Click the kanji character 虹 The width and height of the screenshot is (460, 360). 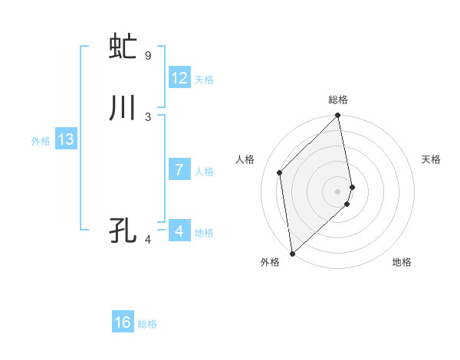coord(123,47)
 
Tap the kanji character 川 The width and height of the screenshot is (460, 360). coord(123,109)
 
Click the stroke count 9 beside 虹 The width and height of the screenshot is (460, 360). coord(148,55)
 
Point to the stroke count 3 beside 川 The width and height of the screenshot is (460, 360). coord(148,116)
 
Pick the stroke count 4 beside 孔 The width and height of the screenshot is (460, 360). coord(148,240)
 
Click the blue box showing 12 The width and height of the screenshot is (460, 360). coord(179,78)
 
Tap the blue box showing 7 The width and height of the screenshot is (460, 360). coord(179,170)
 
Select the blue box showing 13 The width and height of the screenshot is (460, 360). coord(66,139)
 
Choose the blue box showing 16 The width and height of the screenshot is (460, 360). coord(123,322)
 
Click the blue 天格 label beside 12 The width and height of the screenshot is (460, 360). coord(204,80)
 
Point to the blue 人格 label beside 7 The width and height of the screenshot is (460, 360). coord(204,172)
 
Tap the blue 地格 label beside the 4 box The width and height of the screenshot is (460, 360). coord(204,233)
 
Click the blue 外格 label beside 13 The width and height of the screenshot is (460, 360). coord(41,141)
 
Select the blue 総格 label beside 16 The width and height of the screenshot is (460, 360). coord(147,324)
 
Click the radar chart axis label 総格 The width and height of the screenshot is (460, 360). coord(338,100)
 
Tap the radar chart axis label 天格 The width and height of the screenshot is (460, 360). coord(431,159)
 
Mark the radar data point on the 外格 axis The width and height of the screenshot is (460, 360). coord(292,253)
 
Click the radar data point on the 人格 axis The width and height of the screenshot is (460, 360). coord(280,172)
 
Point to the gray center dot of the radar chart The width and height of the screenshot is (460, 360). coord(338,191)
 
